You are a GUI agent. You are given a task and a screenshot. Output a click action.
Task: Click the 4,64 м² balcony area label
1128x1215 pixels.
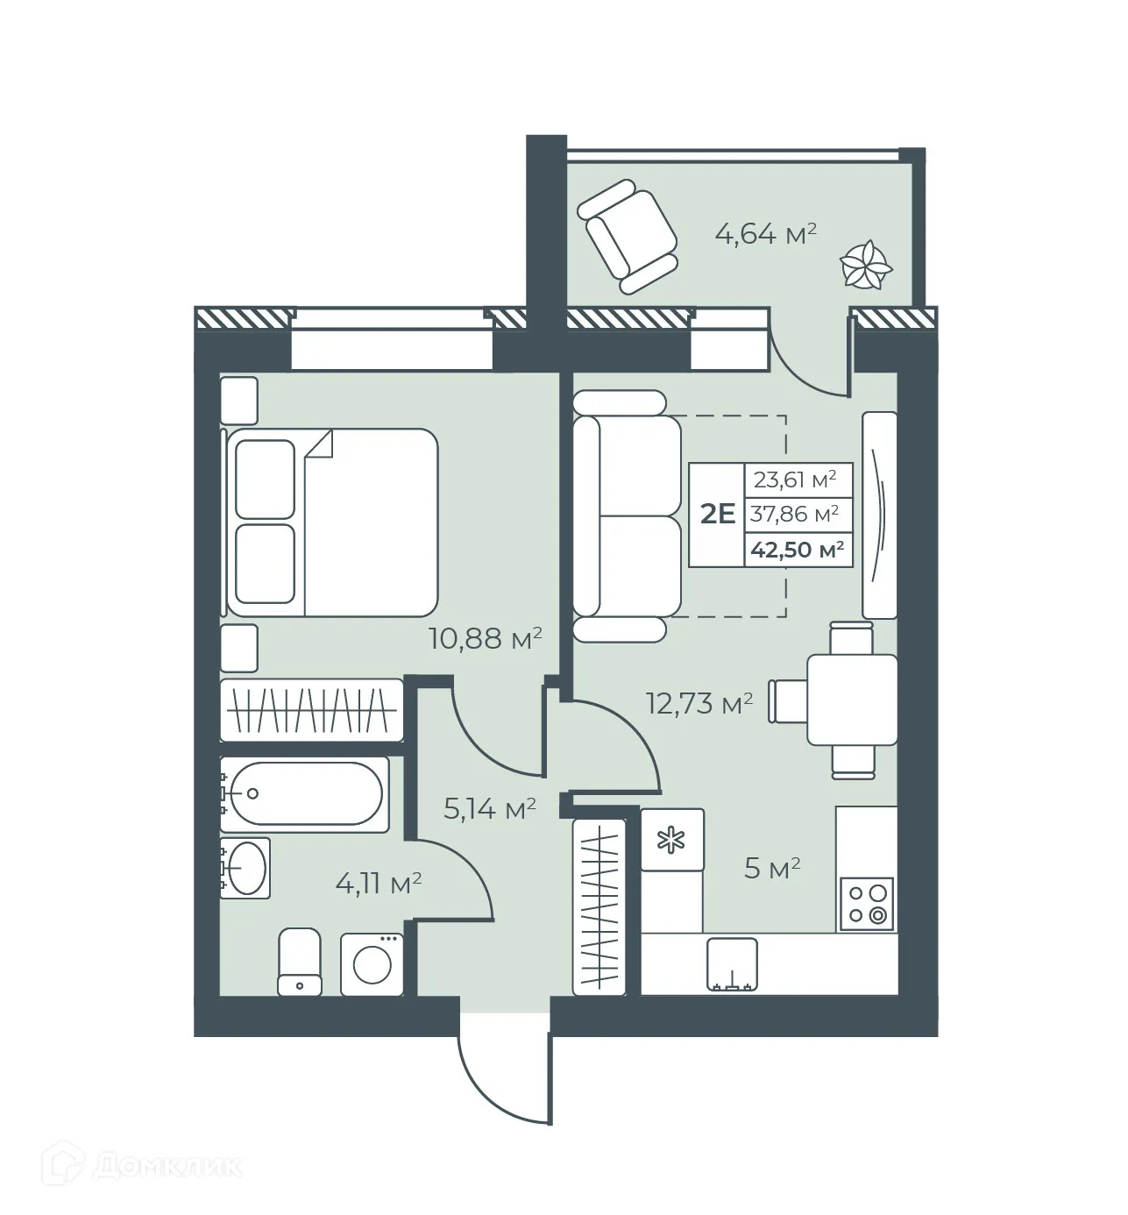pyautogui.click(x=766, y=234)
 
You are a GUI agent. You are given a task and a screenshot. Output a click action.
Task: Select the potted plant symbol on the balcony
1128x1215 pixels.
pyautogui.click(x=866, y=264)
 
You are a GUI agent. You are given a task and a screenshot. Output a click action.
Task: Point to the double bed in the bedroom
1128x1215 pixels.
pyautogui.click(x=333, y=522)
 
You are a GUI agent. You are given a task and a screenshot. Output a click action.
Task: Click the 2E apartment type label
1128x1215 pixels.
pyautogui.click(x=717, y=514)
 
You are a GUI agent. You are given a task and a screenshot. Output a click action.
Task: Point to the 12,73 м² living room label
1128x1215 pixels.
pyautogui.click(x=699, y=703)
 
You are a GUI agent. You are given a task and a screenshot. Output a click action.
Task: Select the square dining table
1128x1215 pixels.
pyautogui.click(x=851, y=700)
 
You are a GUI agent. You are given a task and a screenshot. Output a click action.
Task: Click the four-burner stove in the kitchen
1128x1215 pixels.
pyautogui.click(x=866, y=904)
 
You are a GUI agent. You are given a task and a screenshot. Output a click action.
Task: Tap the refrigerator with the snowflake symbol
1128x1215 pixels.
pyautogui.click(x=672, y=840)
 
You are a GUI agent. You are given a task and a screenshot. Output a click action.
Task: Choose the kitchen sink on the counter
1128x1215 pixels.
pyautogui.click(x=732, y=963)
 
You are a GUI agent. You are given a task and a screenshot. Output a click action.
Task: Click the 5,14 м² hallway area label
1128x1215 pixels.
pyautogui.click(x=489, y=808)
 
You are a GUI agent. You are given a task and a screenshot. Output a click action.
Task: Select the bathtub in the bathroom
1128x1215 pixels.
pyautogui.click(x=305, y=794)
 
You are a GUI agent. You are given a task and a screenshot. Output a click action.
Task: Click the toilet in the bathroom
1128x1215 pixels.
pyautogui.click(x=299, y=963)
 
